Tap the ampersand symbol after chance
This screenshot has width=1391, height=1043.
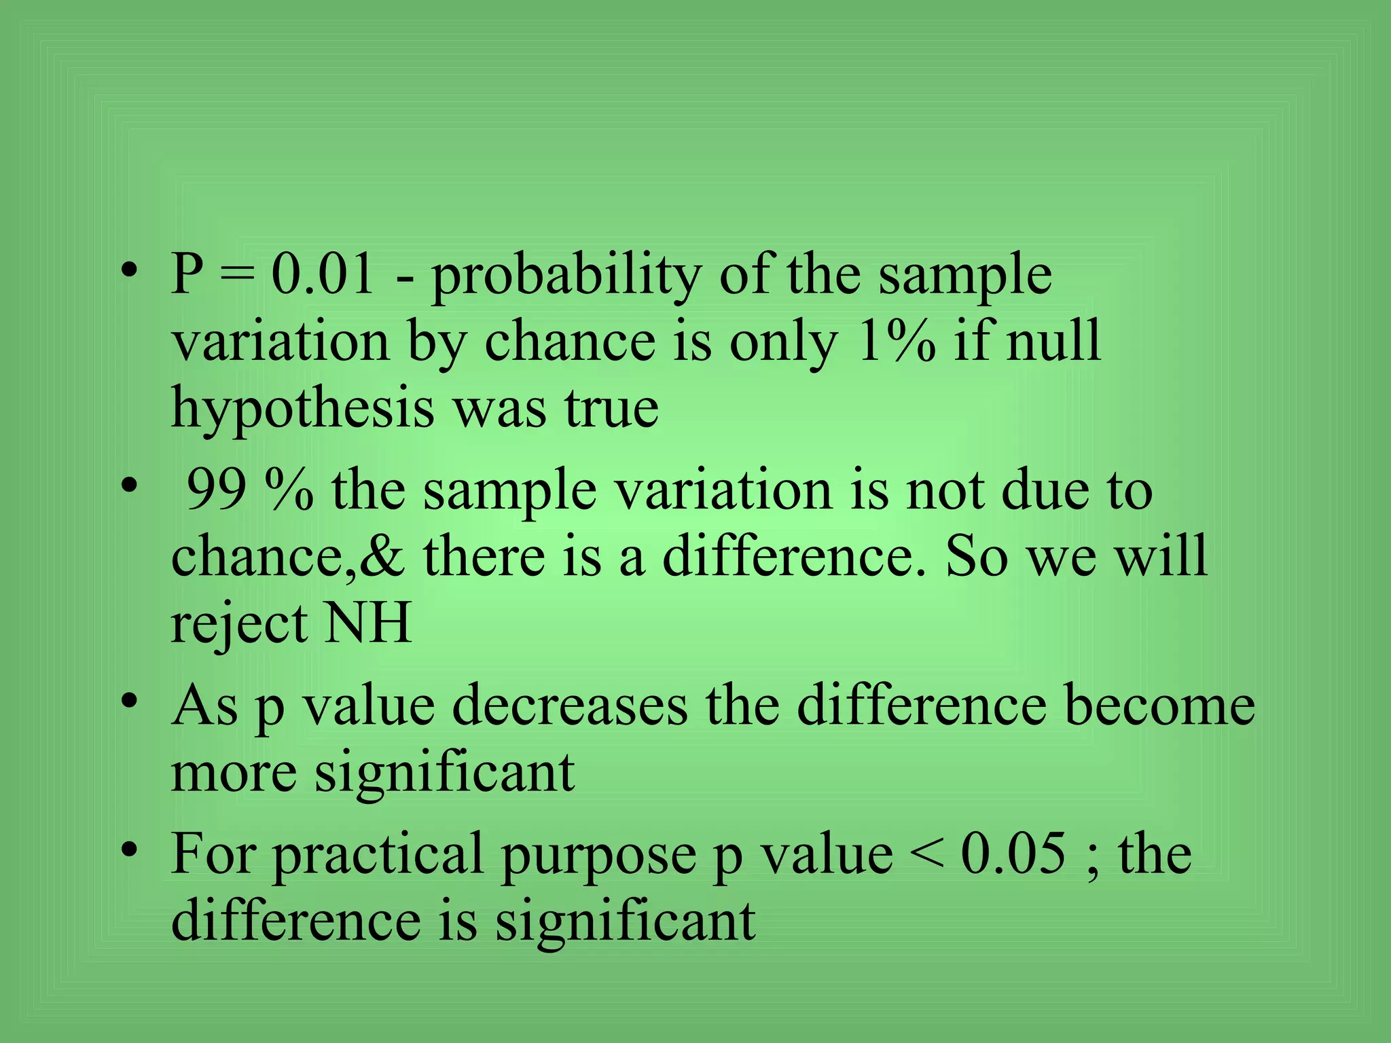coord(382,556)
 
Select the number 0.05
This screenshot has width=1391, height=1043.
coord(1013,854)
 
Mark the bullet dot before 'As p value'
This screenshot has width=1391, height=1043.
coord(130,700)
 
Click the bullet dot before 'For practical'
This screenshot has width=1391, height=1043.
coord(130,849)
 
